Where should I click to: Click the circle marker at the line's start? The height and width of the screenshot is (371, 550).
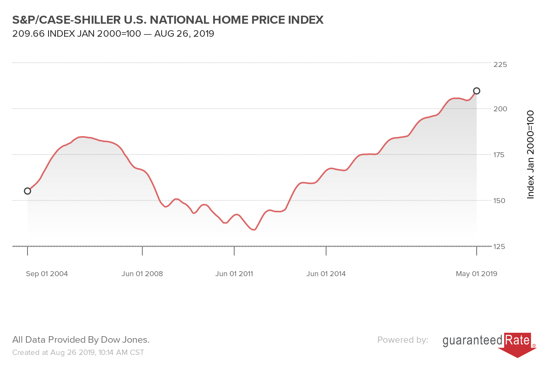click(x=27, y=191)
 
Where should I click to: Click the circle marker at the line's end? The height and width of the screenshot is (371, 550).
click(x=477, y=91)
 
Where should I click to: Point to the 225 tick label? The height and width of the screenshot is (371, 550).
click(x=500, y=65)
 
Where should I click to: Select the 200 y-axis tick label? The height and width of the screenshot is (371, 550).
click(x=500, y=109)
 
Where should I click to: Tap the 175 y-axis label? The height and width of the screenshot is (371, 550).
click(x=499, y=155)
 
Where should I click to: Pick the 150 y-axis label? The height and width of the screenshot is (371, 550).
click(x=499, y=201)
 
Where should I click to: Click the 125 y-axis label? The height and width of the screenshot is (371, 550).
click(x=499, y=247)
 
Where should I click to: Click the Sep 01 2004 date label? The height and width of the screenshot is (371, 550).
click(x=47, y=274)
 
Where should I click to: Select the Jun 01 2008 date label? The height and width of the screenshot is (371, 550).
click(x=142, y=274)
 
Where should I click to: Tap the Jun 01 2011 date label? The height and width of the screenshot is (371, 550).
click(x=234, y=274)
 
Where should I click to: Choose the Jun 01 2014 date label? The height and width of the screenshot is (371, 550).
click(x=326, y=274)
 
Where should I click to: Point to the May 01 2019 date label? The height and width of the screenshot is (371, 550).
click(x=476, y=274)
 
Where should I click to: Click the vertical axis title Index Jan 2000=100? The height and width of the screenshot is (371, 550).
click(x=531, y=155)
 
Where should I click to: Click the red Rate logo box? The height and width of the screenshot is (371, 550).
click(x=518, y=340)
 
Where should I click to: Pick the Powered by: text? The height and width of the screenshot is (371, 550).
click(x=403, y=340)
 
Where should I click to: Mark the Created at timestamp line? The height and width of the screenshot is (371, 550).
click(x=78, y=353)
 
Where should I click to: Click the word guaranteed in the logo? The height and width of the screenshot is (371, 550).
click(x=472, y=340)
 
